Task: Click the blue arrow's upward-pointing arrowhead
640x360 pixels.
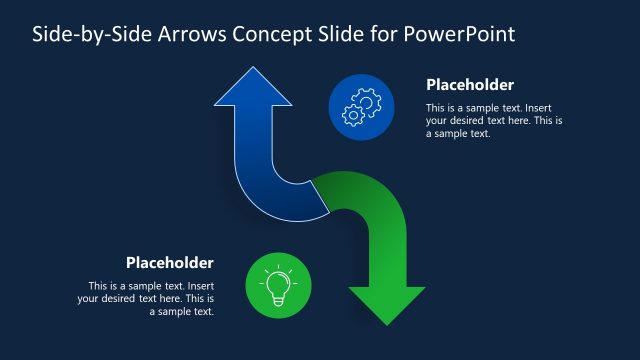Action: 252,88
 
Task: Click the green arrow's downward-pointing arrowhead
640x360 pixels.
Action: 386,304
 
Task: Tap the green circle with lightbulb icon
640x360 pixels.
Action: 278,285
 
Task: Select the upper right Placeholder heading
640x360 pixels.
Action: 470,85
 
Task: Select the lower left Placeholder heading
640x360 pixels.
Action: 169,263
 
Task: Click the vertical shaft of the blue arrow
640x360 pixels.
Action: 252,140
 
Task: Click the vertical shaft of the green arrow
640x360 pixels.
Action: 386,255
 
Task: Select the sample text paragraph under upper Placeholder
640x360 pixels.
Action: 494,120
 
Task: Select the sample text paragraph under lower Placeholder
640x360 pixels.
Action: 146,298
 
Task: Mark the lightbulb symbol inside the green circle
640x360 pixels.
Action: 278,285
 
